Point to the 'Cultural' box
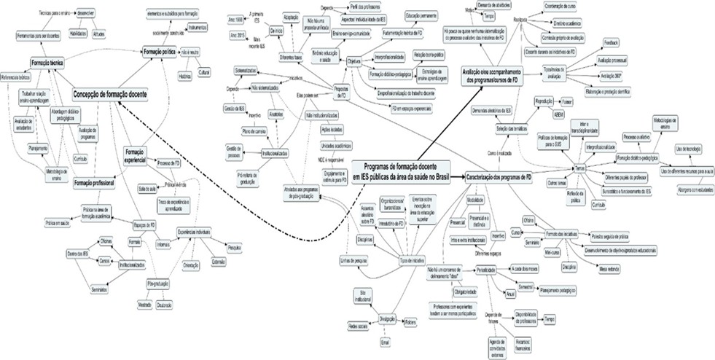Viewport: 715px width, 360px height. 204,74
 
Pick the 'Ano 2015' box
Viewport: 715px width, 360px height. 238,35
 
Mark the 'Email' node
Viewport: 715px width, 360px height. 386,341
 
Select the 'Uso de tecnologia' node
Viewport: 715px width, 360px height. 689,148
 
